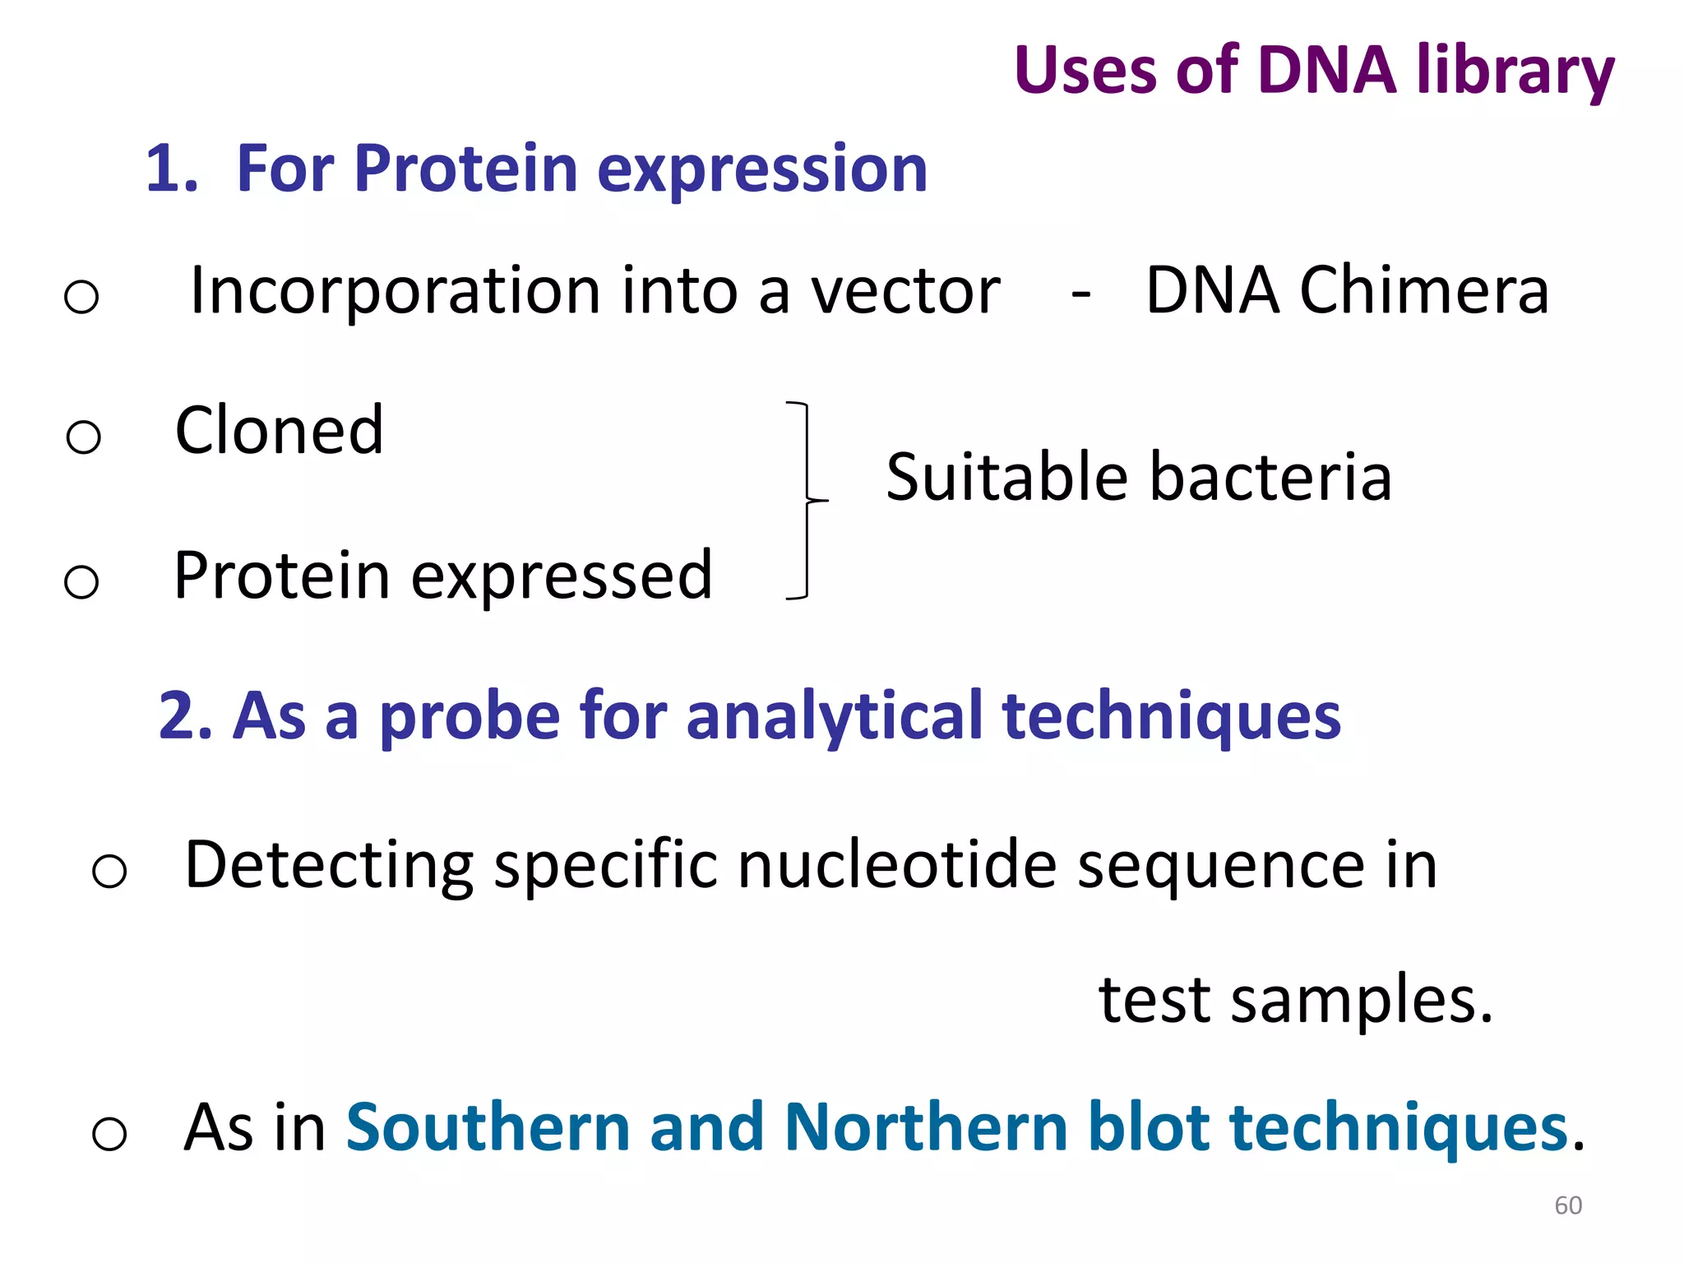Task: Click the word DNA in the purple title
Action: pos(1326,71)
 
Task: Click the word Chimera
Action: pos(1424,291)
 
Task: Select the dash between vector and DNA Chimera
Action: pos(1081,294)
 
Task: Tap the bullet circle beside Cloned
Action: pos(83,437)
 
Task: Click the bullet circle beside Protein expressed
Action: pos(81,582)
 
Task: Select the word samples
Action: pos(1362,1001)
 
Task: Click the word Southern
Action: pos(488,1127)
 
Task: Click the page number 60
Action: pos(1568,1205)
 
